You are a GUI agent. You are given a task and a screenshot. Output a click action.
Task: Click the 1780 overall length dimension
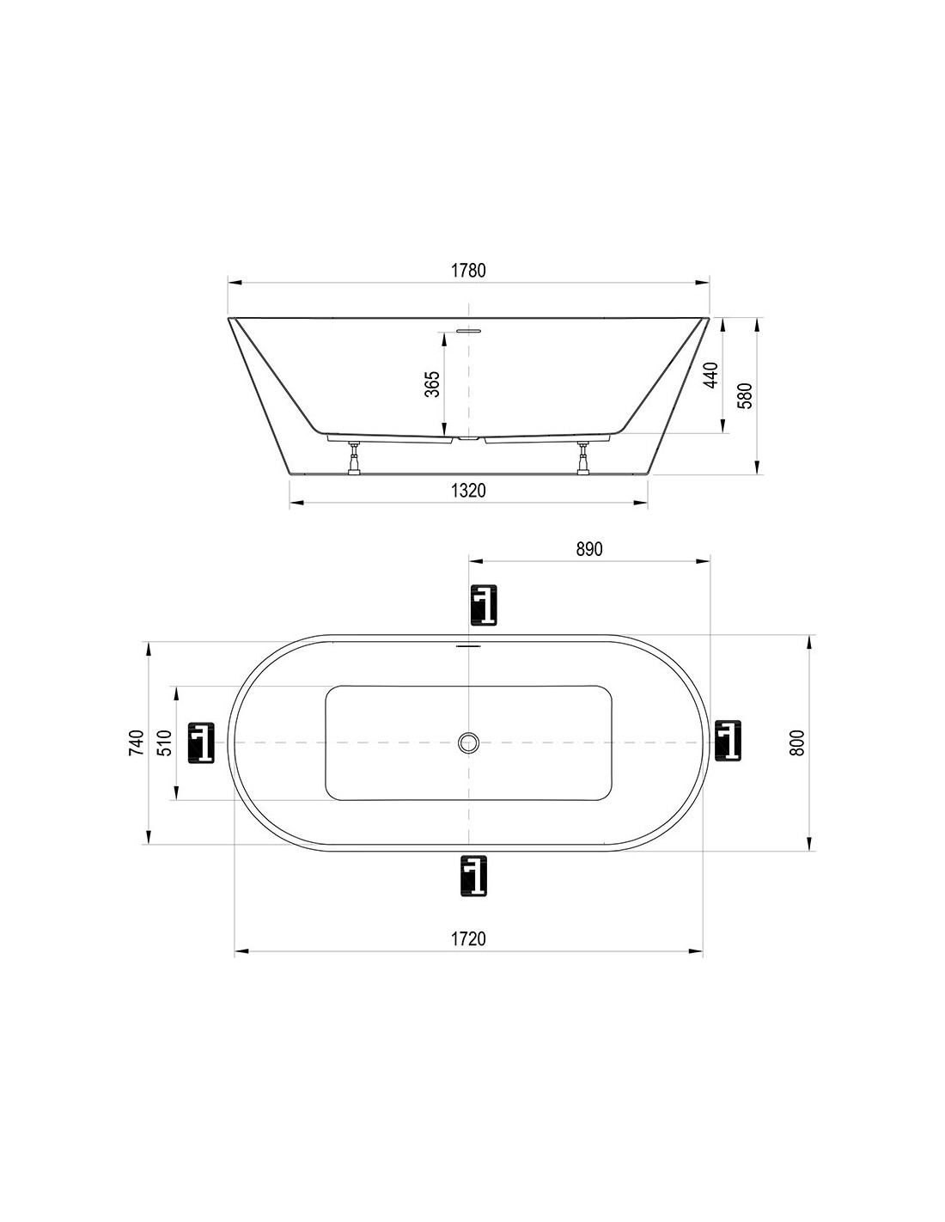(468, 271)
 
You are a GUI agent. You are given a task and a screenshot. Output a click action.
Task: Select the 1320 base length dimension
(468, 491)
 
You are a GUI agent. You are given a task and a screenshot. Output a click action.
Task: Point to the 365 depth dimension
(432, 383)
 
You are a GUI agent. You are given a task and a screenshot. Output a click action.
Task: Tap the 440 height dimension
(710, 376)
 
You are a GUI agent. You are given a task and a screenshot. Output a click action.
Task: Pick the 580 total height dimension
(746, 395)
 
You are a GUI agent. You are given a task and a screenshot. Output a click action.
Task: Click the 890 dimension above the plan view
(588, 550)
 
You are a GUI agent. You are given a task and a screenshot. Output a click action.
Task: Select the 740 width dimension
(136, 742)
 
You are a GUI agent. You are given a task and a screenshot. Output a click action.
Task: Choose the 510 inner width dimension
(165, 742)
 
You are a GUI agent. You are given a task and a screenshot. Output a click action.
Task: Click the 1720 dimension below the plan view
(468, 938)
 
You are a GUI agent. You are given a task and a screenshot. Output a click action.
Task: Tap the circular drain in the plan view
(468, 742)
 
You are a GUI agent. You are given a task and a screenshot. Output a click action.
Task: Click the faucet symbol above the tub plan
(484, 605)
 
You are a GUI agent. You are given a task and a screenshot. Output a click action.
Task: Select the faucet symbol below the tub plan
(473, 877)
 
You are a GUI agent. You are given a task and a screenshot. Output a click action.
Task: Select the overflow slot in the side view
(469, 329)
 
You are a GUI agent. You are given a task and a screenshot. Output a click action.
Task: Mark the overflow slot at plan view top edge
(468, 645)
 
